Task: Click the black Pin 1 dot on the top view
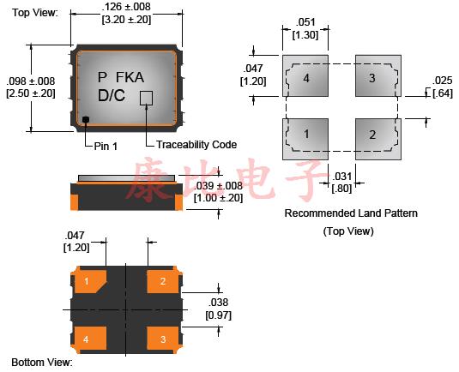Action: (86, 119)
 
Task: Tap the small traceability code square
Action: (146, 98)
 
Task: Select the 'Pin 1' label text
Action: (106, 146)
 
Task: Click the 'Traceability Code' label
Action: (196, 145)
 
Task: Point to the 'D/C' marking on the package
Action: (112, 95)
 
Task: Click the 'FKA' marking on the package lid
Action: (130, 77)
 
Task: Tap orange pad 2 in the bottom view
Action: (162, 282)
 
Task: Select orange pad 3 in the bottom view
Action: (162, 339)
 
